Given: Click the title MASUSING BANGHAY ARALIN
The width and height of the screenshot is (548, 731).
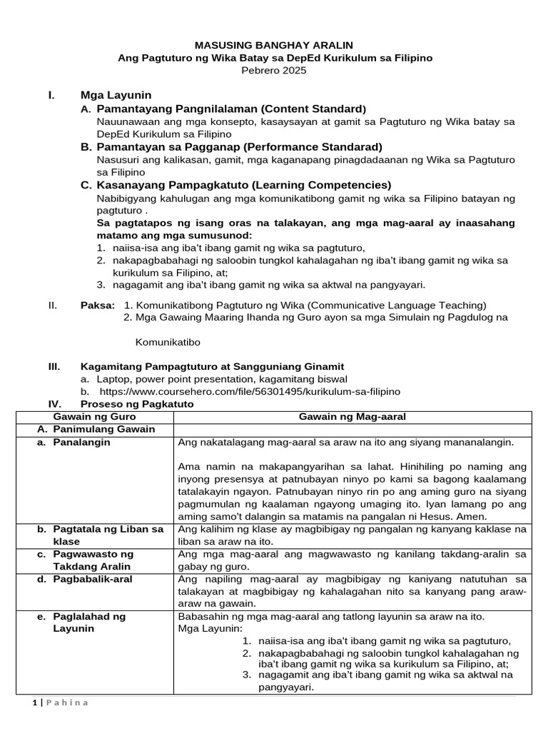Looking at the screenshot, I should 275,45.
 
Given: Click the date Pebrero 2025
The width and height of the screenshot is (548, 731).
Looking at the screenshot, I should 275,71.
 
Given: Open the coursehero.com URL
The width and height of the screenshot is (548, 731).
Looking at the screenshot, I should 250,391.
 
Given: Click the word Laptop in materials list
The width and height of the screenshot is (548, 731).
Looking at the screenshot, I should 113,379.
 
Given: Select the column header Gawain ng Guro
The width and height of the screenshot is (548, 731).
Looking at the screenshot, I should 95,416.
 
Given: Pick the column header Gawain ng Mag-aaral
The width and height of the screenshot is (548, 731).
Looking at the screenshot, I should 352,416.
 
